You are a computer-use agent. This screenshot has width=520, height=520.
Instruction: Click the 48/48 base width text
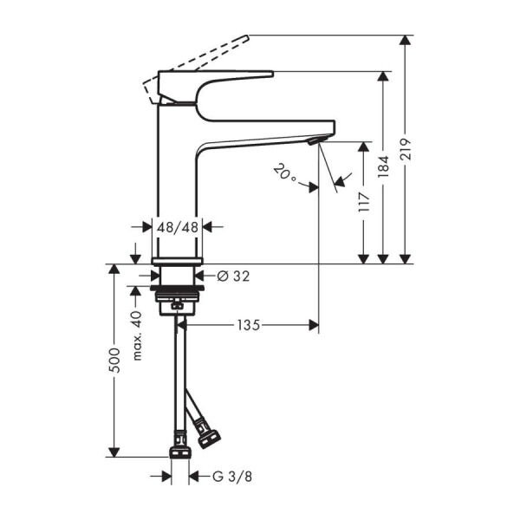click(x=177, y=227)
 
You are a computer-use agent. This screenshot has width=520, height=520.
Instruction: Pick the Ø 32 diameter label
click(x=231, y=276)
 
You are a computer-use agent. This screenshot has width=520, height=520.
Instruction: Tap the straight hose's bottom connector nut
click(x=179, y=455)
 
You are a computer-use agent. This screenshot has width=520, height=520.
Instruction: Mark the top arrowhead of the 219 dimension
click(x=404, y=40)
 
